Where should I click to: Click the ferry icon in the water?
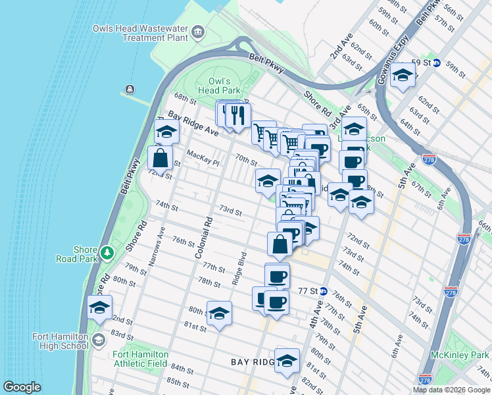(x=130, y=90)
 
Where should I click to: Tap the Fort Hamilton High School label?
(x=60, y=340)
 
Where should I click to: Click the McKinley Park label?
(x=460, y=355)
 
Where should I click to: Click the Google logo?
(x=22, y=387)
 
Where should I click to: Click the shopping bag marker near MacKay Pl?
(x=160, y=157)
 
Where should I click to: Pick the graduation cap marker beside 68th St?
(x=167, y=132)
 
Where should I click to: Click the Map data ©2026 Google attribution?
(x=451, y=390)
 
